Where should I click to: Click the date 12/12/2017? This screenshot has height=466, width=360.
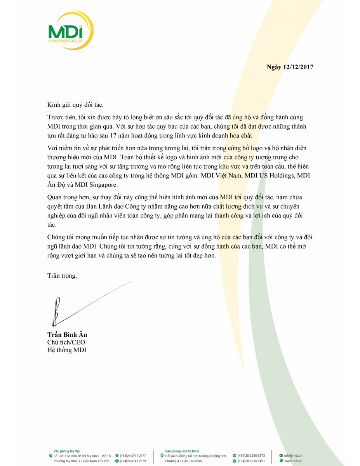pyautogui.click(x=299, y=67)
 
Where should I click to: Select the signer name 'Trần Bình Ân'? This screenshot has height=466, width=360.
pyautogui.click(x=67, y=335)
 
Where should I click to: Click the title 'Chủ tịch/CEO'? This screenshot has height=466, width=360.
pyautogui.click(x=66, y=342)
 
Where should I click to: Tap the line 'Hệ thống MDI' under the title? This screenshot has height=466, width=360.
pyautogui.click(x=66, y=350)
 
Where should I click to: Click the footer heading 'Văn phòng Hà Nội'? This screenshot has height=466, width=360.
pyautogui.click(x=65, y=450)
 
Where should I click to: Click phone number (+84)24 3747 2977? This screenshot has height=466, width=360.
pyautogui.click(x=133, y=456)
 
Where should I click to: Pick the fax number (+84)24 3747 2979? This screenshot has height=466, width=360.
pyautogui.click(x=133, y=461)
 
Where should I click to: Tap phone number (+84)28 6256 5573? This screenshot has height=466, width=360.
pyautogui.click(x=251, y=456)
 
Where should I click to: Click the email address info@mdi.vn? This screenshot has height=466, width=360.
pyautogui.click(x=293, y=456)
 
